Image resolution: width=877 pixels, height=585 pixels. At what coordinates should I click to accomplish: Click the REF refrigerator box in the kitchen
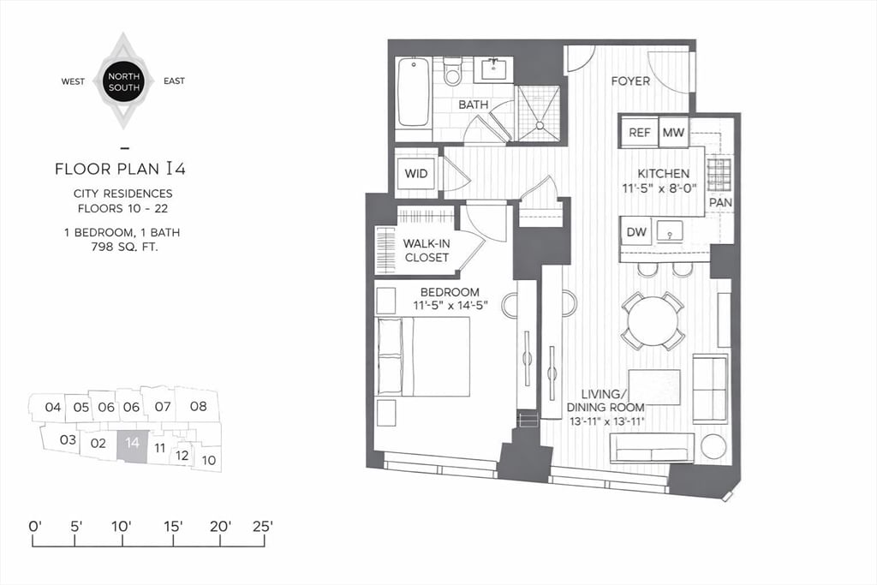coord(639,132)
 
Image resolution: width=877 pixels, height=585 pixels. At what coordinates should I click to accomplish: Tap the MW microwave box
coord(674,132)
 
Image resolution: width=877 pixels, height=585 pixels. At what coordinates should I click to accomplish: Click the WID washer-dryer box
coord(416,174)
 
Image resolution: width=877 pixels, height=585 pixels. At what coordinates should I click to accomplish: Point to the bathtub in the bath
coord(414,92)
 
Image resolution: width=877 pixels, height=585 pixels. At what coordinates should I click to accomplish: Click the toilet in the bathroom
coord(452,72)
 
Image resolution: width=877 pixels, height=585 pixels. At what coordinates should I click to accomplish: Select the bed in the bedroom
coord(423,356)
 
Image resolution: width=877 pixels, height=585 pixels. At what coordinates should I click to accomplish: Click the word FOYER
coord(629,81)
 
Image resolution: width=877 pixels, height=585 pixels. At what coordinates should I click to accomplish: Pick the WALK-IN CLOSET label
coord(426,249)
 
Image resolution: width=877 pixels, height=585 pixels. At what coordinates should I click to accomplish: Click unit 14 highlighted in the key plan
coord(132,444)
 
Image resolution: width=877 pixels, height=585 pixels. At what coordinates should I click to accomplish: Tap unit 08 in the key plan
coord(198,406)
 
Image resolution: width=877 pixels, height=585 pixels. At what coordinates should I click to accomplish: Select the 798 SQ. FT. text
coord(126,247)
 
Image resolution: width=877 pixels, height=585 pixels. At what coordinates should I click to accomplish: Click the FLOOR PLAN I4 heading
coord(120,169)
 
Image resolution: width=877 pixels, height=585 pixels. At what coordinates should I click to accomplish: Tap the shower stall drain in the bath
coord(540,125)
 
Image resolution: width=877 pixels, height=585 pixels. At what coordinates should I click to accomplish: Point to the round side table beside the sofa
coord(713,446)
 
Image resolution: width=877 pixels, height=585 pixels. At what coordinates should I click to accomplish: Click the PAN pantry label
coord(719,202)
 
